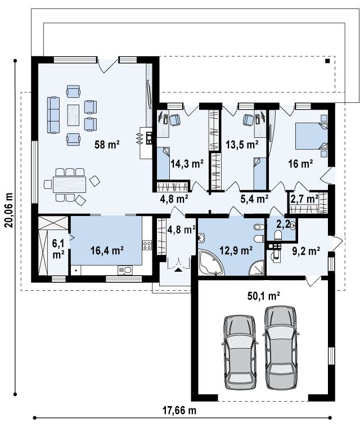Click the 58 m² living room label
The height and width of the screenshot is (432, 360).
[x=107, y=145]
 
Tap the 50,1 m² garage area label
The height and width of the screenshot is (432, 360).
[x=264, y=296]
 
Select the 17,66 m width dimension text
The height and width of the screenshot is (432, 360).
[x=179, y=411]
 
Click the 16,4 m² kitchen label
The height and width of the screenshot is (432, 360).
[x=107, y=250]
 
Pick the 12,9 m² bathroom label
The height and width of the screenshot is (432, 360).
[x=236, y=250]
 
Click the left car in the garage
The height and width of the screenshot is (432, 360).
[x=240, y=352]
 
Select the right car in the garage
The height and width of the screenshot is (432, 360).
[x=280, y=347]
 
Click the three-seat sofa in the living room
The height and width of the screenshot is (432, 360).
[x=53, y=115]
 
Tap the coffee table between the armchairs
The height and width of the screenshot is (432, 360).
[x=73, y=115]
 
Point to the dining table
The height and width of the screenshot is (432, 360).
[x=69, y=184]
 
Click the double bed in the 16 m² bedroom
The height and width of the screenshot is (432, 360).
[x=312, y=136]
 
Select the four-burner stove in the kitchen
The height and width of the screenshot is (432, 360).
[x=147, y=245]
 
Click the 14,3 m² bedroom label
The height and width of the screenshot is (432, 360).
[x=187, y=164]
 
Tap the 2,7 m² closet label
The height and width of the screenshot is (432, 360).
[x=304, y=199]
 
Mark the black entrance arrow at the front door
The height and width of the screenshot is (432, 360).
[x=179, y=270]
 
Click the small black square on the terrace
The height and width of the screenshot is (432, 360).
[x=327, y=61]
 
